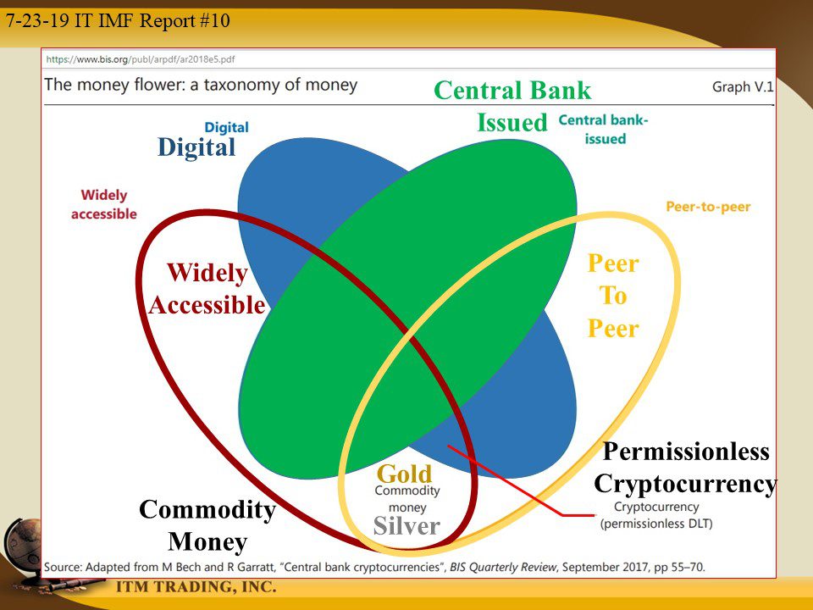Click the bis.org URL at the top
(x=140, y=59)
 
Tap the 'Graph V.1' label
(x=743, y=86)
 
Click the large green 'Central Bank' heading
(x=512, y=91)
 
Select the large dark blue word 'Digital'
(x=196, y=147)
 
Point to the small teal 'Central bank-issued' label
(x=604, y=129)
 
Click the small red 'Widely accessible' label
(x=103, y=204)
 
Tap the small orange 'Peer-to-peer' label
(x=708, y=207)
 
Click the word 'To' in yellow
(x=613, y=296)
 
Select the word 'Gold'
(x=405, y=474)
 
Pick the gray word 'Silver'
(x=406, y=526)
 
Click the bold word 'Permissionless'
(x=686, y=452)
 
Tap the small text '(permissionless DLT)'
(x=656, y=524)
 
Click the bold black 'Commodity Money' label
(x=207, y=525)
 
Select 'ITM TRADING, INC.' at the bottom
(x=196, y=586)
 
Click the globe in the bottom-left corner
(x=24, y=542)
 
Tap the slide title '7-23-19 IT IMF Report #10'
(x=118, y=20)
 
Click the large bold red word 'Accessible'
(x=207, y=305)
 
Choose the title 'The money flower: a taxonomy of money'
(x=201, y=85)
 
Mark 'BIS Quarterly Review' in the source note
(x=502, y=567)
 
